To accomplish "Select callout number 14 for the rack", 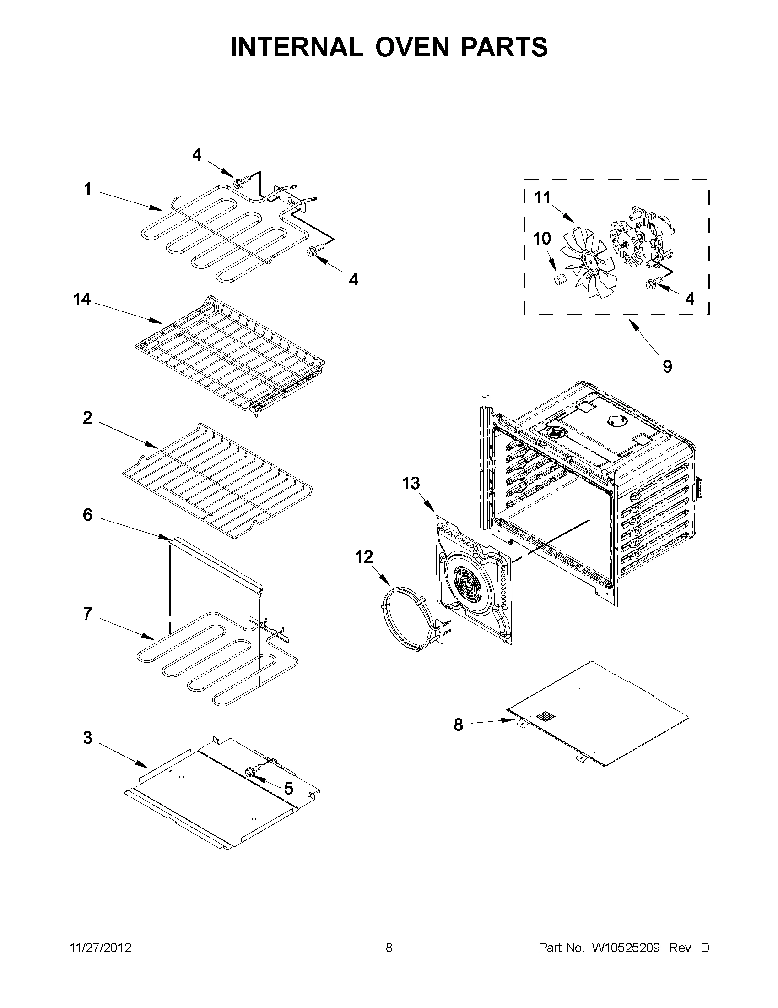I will point(81,300).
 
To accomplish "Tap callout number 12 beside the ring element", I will point(364,557).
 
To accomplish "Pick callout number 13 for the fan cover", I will point(411,483).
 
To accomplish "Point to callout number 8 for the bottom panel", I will point(458,725).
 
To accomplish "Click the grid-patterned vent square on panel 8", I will point(546,716).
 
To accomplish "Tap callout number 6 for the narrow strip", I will point(87,515).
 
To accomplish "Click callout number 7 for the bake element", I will point(87,614).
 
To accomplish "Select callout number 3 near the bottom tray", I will point(87,737).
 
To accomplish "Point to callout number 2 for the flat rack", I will point(87,418).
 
